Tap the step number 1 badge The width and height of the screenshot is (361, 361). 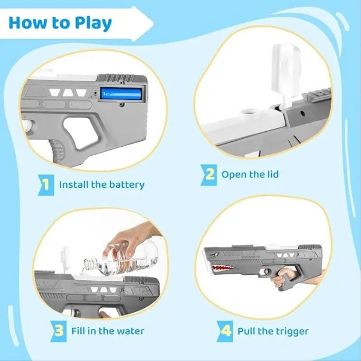45,185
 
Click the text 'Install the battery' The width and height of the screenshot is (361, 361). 102,185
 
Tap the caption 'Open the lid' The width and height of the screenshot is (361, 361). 250,174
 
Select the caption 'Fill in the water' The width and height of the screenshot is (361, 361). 108,331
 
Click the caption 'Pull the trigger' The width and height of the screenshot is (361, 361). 273,331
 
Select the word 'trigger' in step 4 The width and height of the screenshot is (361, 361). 291,331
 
